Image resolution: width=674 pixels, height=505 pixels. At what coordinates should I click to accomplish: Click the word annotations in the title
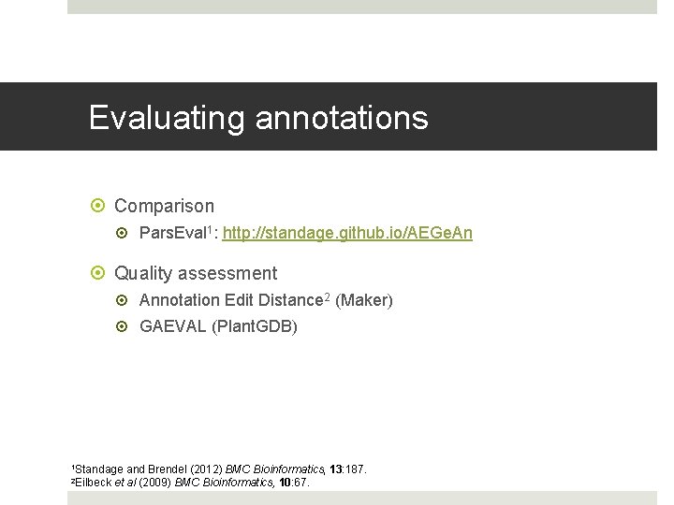pos(342,118)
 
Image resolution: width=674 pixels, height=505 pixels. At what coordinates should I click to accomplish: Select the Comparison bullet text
pos(164,206)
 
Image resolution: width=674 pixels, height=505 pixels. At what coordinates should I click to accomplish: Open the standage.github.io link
pos(347,233)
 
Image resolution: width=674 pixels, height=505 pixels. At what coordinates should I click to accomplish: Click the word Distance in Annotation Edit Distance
pos(289,300)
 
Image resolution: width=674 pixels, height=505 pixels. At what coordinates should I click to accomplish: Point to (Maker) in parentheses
pos(364,300)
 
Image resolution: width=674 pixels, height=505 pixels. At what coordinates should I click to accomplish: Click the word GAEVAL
pos(172,326)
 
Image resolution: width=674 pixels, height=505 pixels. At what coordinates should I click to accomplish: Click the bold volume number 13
pos(337,469)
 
